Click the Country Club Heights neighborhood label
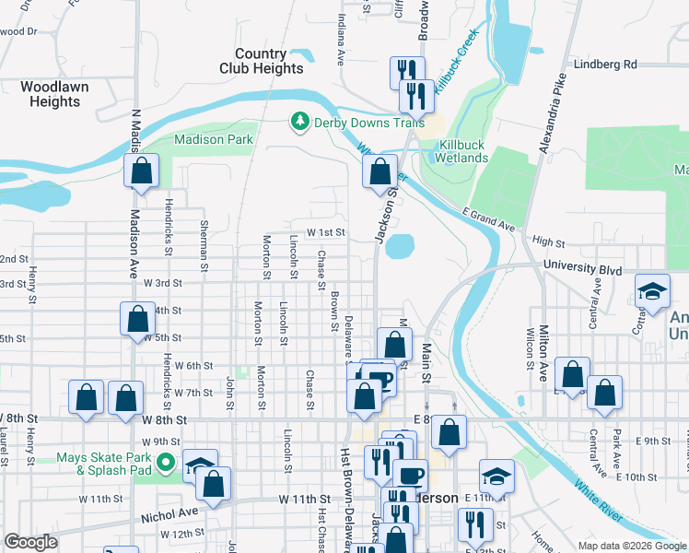pos(262,62)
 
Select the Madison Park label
pos(214,140)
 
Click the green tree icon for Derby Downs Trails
pos(298,122)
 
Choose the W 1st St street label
pos(326,233)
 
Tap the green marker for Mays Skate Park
pos(166,462)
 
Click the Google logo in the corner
pos(30,542)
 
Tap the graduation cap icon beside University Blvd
pos(652,293)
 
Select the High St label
pos(548,242)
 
